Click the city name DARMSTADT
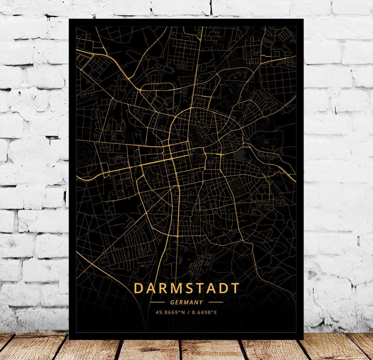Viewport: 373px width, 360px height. point(186,288)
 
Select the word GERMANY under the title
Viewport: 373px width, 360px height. point(186,302)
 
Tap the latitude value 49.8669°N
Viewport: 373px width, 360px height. point(170,312)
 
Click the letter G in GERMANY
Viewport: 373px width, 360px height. point(172,302)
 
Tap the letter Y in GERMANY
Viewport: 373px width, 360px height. point(201,302)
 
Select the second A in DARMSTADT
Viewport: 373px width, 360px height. point(211,288)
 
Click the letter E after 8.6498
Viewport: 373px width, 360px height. point(216,312)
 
